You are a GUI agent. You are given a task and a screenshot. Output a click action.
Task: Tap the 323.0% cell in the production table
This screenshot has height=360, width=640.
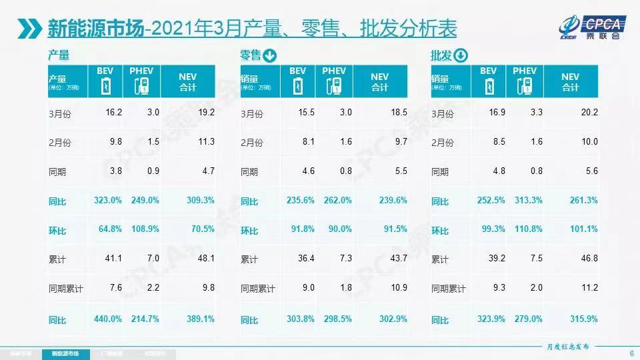tap(109, 200)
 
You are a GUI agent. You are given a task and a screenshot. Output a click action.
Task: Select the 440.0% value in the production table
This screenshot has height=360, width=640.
tap(109, 319)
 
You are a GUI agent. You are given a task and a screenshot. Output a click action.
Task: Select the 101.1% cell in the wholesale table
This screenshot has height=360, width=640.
tap(585, 230)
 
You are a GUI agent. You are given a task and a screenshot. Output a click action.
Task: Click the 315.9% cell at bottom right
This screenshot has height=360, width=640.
tap(585, 319)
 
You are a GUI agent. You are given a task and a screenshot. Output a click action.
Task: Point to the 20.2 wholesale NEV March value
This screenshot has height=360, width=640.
tap(589, 113)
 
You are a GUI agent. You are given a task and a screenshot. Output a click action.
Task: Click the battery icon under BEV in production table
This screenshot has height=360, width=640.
tap(105, 87)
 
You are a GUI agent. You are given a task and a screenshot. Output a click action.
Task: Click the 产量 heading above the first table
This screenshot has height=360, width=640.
tap(59, 55)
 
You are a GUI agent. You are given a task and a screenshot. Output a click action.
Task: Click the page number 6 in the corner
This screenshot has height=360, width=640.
tap(631, 353)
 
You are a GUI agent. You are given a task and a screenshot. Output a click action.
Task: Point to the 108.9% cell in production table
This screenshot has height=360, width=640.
tap(143, 230)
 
